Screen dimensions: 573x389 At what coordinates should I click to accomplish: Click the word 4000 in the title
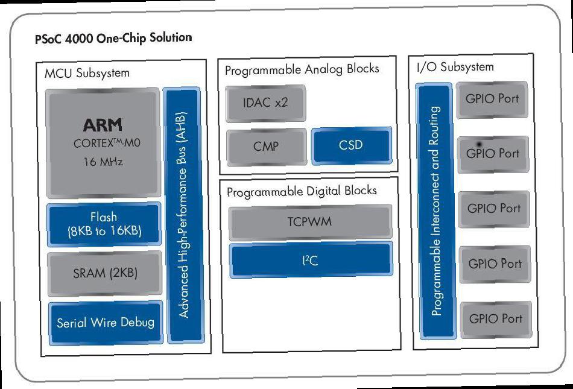coord(79,39)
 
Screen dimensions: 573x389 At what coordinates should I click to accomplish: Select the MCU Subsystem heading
coord(87,73)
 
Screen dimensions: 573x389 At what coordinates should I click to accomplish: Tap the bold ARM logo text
coord(103,125)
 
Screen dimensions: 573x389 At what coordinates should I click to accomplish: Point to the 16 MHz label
coord(103,162)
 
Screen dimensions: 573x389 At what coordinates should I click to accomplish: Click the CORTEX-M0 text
coord(107,143)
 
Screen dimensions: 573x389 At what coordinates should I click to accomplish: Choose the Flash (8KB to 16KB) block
coord(104,224)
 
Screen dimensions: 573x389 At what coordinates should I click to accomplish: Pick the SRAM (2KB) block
coord(105,273)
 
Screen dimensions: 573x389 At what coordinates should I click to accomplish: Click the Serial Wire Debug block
coord(106,323)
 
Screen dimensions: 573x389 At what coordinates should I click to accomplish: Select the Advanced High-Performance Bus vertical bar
coord(184,215)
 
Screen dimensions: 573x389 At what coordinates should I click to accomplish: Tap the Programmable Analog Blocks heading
coord(302,69)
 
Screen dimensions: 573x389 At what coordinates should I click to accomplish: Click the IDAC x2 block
coord(265,103)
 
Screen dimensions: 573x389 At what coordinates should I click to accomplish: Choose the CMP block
coord(267,147)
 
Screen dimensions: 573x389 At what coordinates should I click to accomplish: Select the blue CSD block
coord(352,145)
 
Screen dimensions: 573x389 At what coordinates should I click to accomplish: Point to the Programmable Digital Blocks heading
coord(302,191)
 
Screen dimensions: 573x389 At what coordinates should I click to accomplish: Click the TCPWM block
coord(310,222)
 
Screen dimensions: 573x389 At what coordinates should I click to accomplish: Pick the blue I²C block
coord(311,260)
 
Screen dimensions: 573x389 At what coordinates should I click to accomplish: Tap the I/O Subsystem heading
coord(455,67)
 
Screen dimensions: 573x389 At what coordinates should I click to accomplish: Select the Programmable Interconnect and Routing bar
coord(435,211)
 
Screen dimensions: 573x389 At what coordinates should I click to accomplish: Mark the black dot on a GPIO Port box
coord(479,145)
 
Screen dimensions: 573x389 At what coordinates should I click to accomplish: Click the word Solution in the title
coord(171,37)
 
